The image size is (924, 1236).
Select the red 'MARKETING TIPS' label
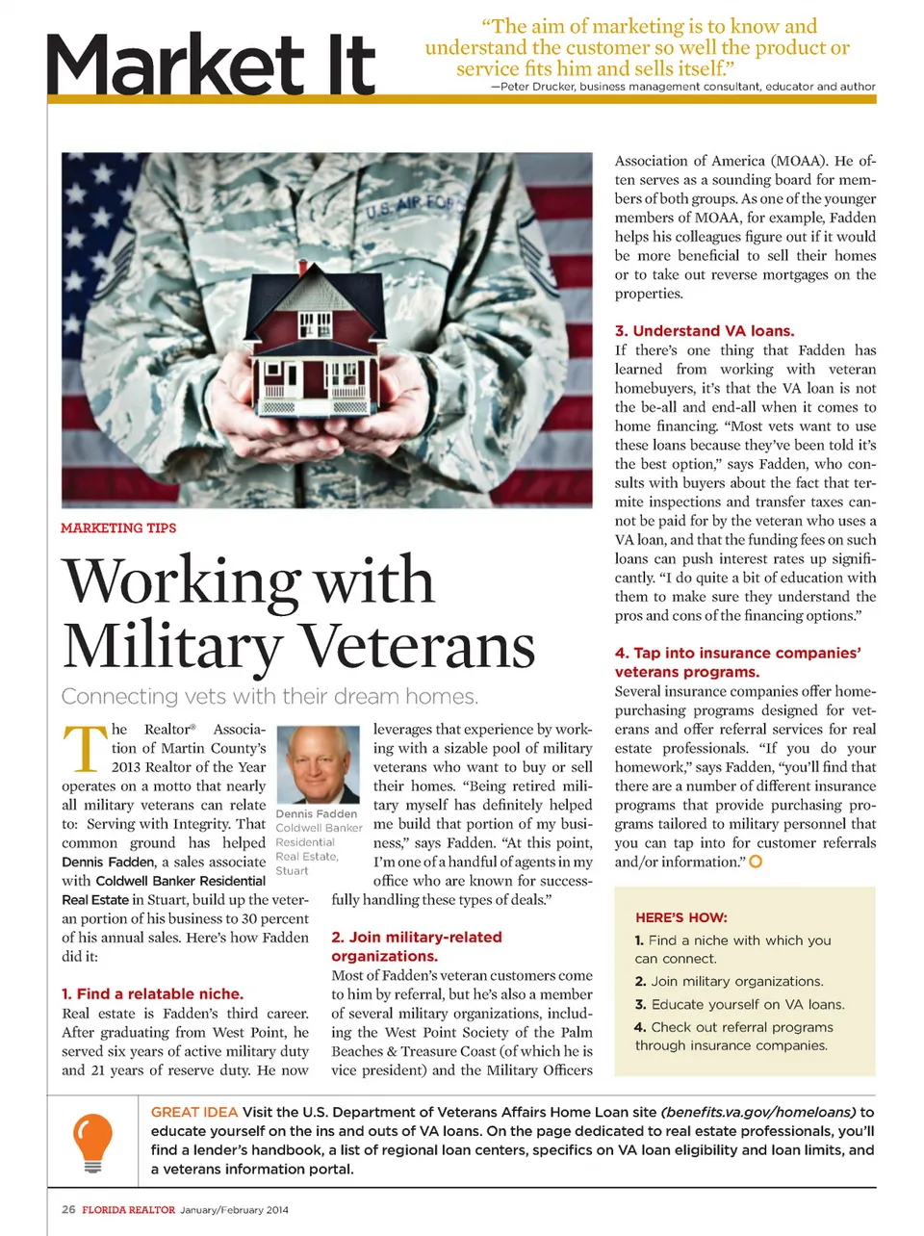pyautogui.click(x=118, y=528)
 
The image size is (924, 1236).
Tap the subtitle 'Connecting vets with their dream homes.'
pyautogui.click(x=269, y=696)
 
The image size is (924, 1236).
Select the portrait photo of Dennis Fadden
pyautogui.click(x=317, y=764)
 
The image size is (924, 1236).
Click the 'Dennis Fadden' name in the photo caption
pyautogui.click(x=316, y=813)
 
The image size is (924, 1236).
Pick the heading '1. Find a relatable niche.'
pyautogui.click(x=152, y=993)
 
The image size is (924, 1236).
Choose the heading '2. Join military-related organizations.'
pyautogui.click(x=417, y=946)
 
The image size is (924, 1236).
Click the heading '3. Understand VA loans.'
pyautogui.click(x=705, y=330)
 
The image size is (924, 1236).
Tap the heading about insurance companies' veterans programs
pyautogui.click(x=737, y=662)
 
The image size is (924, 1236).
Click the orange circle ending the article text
pyautogui.click(x=756, y=862)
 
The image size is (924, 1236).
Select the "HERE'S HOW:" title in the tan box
pyautogui.click(x=680, y=917)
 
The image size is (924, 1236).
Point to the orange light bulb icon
pyautogui.click(x=92, y=1141)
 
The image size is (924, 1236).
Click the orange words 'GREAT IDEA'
pyautogui.click(x=193, y=1112)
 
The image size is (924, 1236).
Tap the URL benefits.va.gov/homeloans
pyautogui.click(x=757, y=1112)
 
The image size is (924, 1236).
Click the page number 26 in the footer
pyautogui.click(x=68, y=1210)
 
